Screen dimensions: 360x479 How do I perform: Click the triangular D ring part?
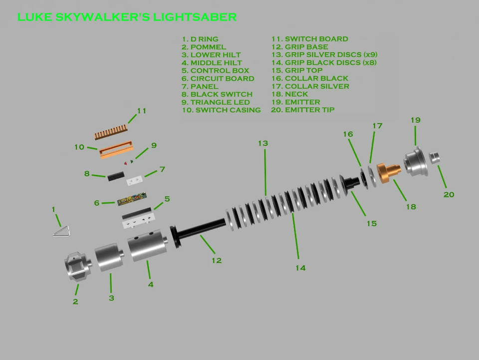click(x=61, y=231)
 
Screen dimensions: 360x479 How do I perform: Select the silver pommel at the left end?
click(x=77, y=267)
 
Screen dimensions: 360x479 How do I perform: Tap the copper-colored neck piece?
click(x=388, y=173)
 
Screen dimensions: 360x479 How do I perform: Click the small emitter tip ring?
click(x=435, y=157)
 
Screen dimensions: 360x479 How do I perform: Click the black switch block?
click(x=116, y=176)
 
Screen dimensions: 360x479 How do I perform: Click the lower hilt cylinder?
click(x=109, y=257)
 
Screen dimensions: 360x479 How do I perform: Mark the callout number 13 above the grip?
click(x=263, y=143)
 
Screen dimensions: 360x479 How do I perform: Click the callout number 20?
click(x=449, y=194)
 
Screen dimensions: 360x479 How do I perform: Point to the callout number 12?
click(x=216, y=260)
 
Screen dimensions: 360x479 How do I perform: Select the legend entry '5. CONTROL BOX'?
click(x=215, y=70)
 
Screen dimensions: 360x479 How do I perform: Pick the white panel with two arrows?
click(x=135, y=179)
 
